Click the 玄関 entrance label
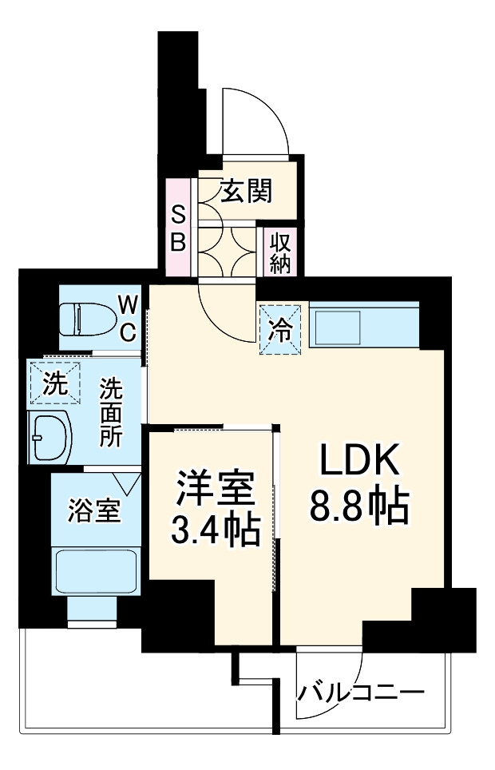[x=247, y=192]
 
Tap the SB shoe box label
[x=178, y=228]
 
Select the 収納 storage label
[x=279, y=252]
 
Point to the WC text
[x=128, y=318]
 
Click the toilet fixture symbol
[x=87, y=319]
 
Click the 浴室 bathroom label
[x=94, y=510]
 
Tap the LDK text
[x=358, y=463]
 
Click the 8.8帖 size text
[x=358, y=506]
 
